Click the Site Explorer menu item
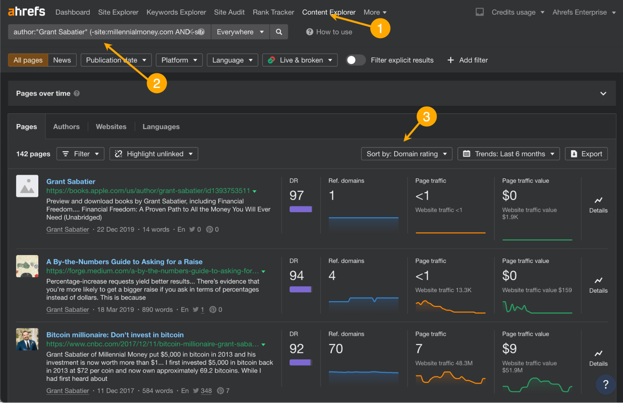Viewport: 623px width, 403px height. click(118, 12)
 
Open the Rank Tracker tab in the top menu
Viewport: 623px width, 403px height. click(273, 12)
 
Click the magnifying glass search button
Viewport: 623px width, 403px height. click(279, 32)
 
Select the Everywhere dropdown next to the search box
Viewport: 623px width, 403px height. click(240, 32)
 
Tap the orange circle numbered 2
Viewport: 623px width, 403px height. click(157, 83)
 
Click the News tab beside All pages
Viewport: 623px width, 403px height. click(62, 60)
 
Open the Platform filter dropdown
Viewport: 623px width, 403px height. click(179, 60)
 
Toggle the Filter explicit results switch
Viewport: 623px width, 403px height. click(356, 60)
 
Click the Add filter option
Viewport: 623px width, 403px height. click(467, 60)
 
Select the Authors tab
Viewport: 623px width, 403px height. click(66, 127)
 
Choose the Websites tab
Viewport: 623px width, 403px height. click(111, 127)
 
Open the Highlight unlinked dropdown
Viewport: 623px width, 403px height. click(154, 154)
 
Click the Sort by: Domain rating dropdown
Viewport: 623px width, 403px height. click(406, 154)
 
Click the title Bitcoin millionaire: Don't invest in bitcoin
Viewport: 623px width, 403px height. click(115, 335)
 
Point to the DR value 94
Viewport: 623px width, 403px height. click(296, 276)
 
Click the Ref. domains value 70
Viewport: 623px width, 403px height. click(336, 349)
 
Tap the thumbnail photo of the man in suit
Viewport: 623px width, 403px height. click(27, 339)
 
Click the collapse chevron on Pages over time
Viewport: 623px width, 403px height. click(603, 93)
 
